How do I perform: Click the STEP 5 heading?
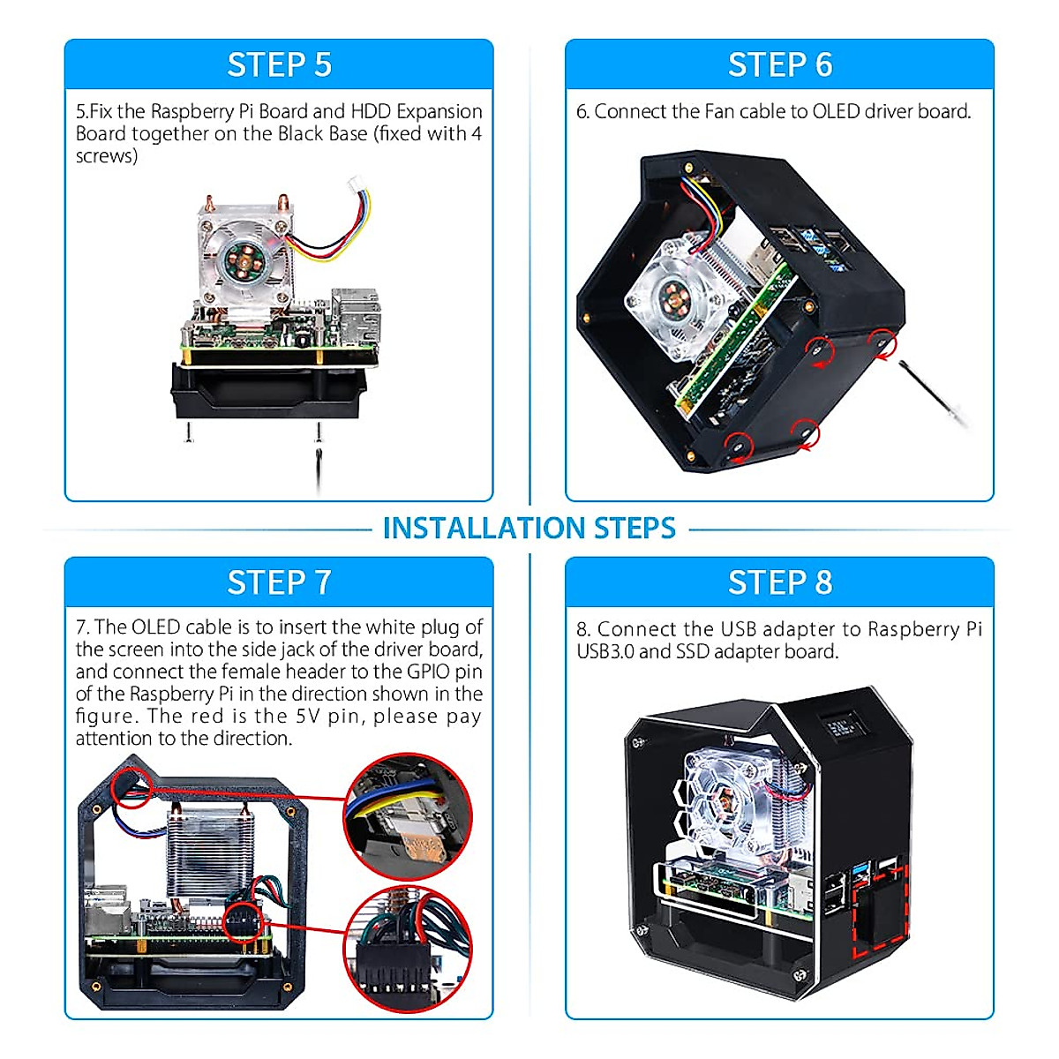coord(279,65)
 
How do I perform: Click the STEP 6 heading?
coord(779,65)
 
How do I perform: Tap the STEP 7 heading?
coord(279,582)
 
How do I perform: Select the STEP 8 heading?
coord(779,582)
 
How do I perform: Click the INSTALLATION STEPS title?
coord(529,528)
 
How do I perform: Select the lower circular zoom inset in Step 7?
coord(408,950)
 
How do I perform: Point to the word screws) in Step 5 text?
coord(107,156)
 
